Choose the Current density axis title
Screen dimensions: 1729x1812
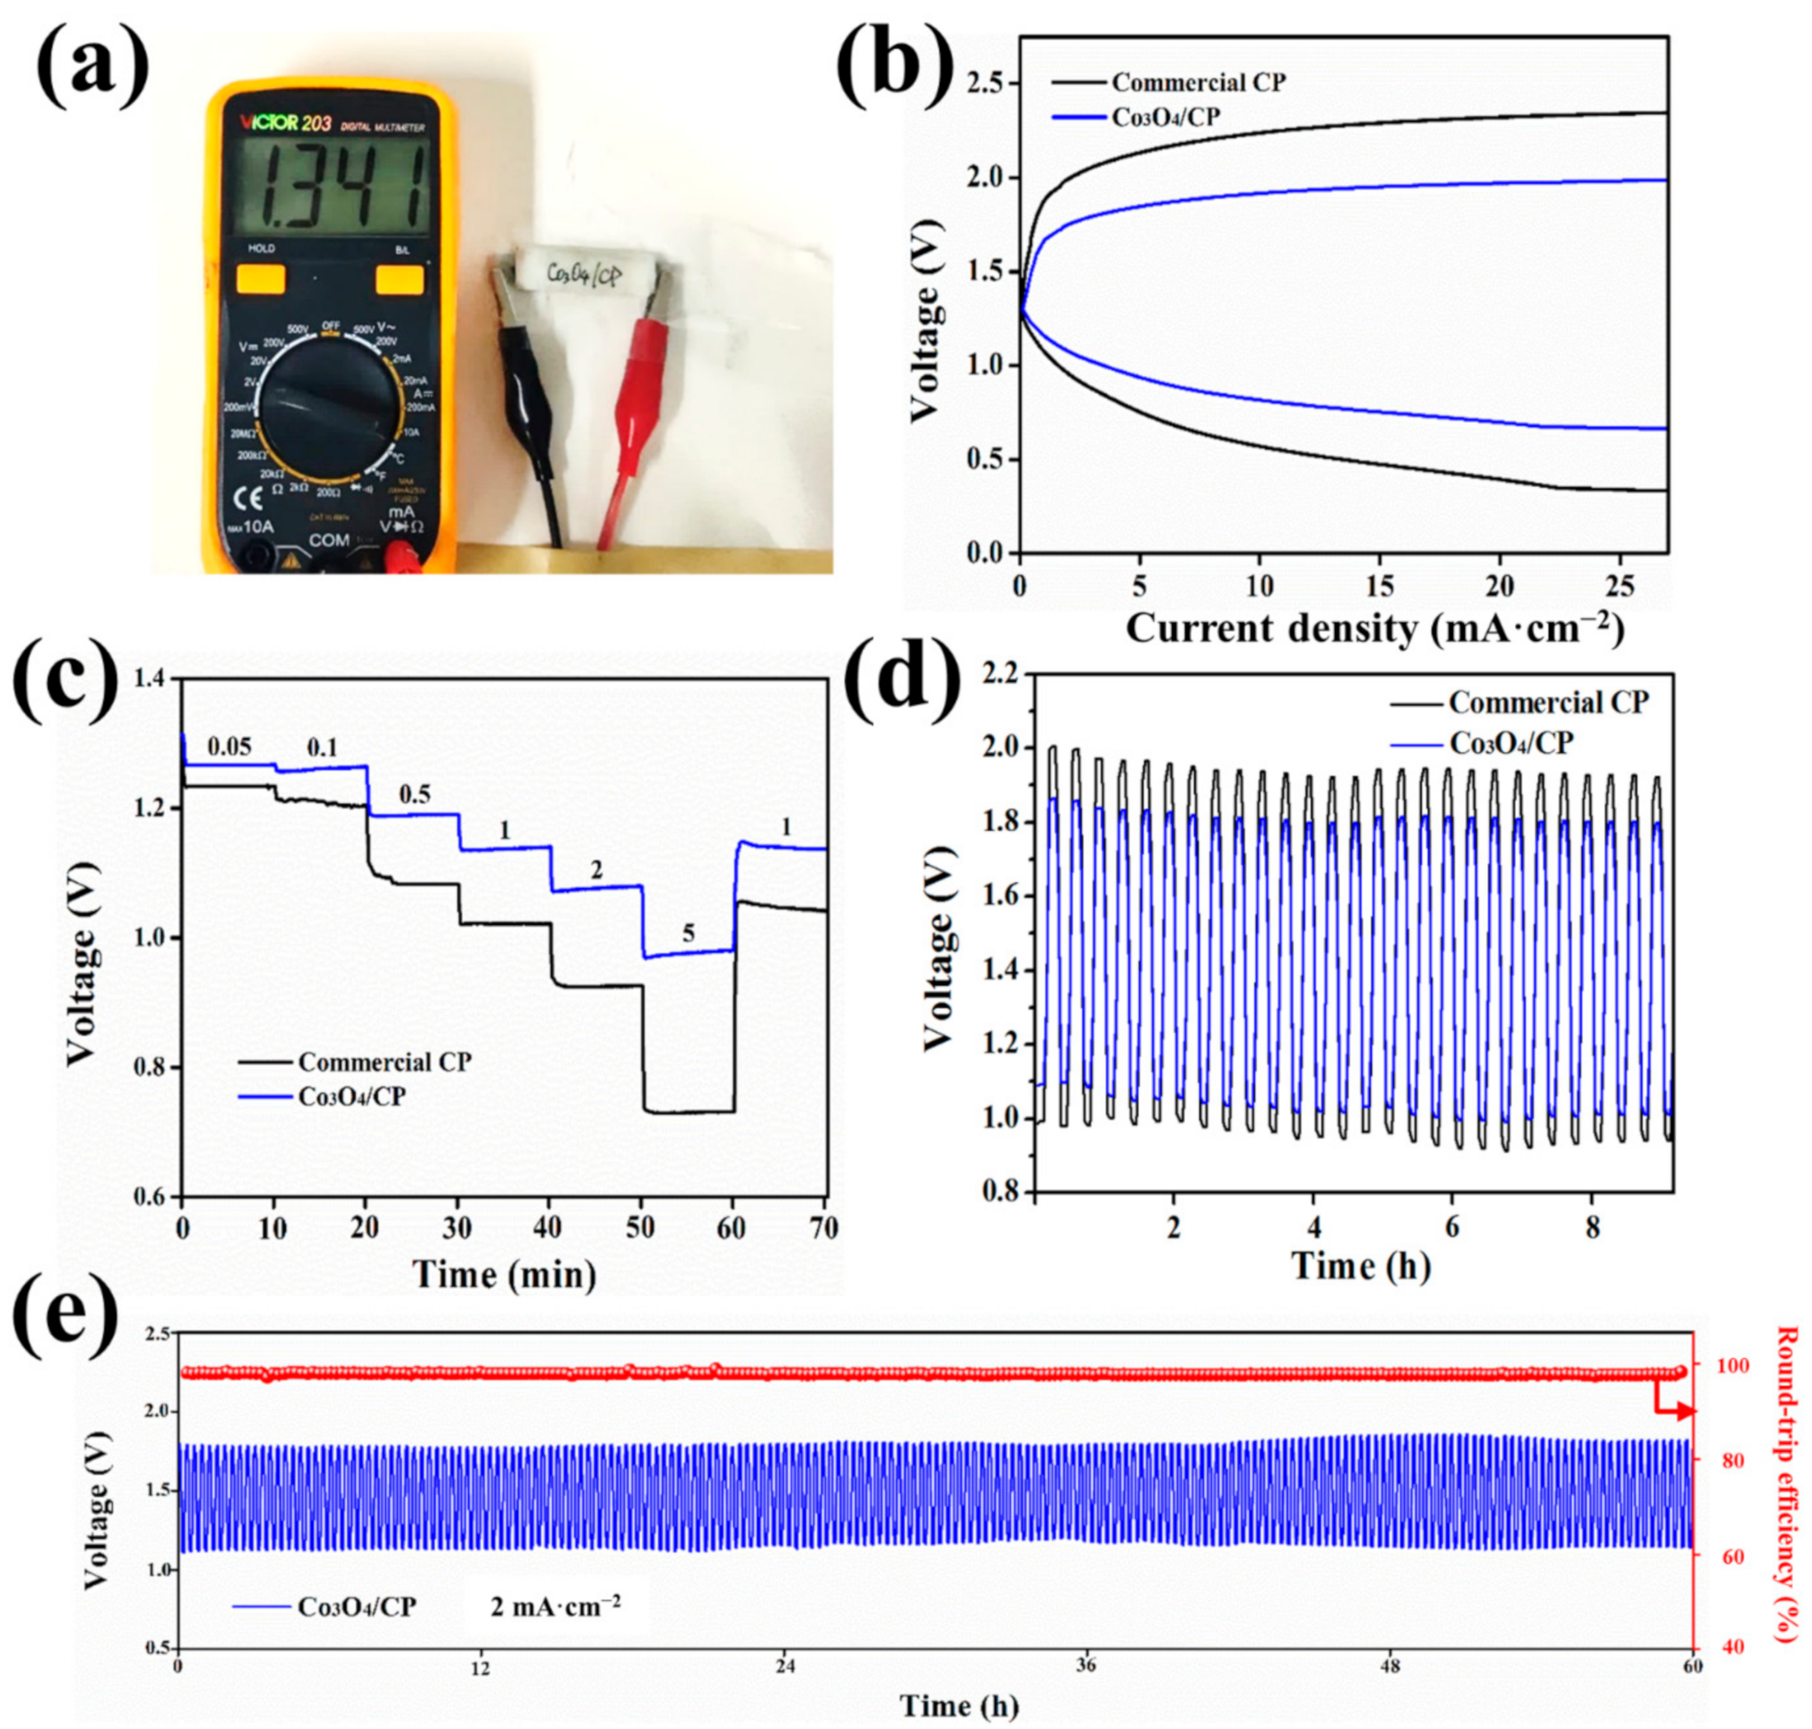point(1373,629)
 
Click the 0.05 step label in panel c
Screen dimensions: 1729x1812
point(230,747)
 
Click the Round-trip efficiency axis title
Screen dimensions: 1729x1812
point(1788,1483)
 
